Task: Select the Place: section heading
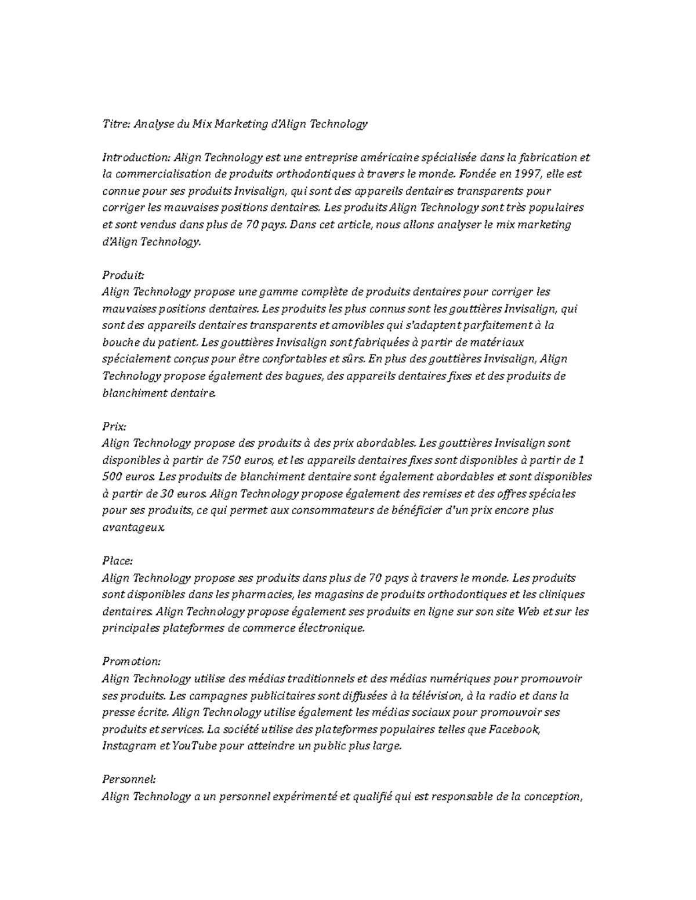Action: coord(118,561)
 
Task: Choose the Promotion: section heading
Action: coord(131,662)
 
